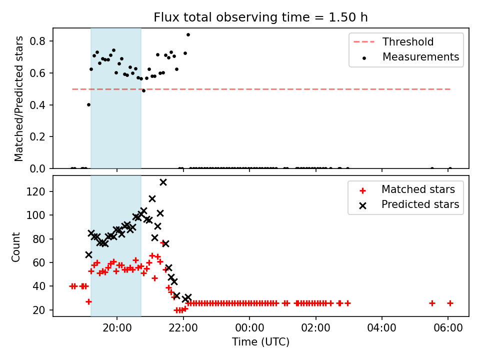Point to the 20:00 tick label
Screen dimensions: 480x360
click(x=117, y=328)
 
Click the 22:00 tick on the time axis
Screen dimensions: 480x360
click(x=183, y=328)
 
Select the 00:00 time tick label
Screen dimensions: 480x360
click(x=249, y=328)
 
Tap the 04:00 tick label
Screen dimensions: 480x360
click(x=381, y=328)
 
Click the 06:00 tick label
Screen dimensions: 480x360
click(x=448, y=328)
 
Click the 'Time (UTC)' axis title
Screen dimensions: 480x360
click(x=260, y=342)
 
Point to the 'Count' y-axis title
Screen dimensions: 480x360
click(x=16, y=247)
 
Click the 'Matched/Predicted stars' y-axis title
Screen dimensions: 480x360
click(x=19, y=98)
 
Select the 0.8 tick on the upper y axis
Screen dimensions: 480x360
click(x=37, y=41)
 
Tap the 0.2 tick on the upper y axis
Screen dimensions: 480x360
click(x=37, y=137)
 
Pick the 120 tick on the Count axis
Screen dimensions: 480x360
click(x=36, y=191)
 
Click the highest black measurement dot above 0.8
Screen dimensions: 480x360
click(x=188, y=34)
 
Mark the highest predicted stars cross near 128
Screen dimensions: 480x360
click(x=163, y=182)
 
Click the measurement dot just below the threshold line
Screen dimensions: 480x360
click(x=143, y=90)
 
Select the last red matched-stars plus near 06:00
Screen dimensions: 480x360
click(x=450, y=303)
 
